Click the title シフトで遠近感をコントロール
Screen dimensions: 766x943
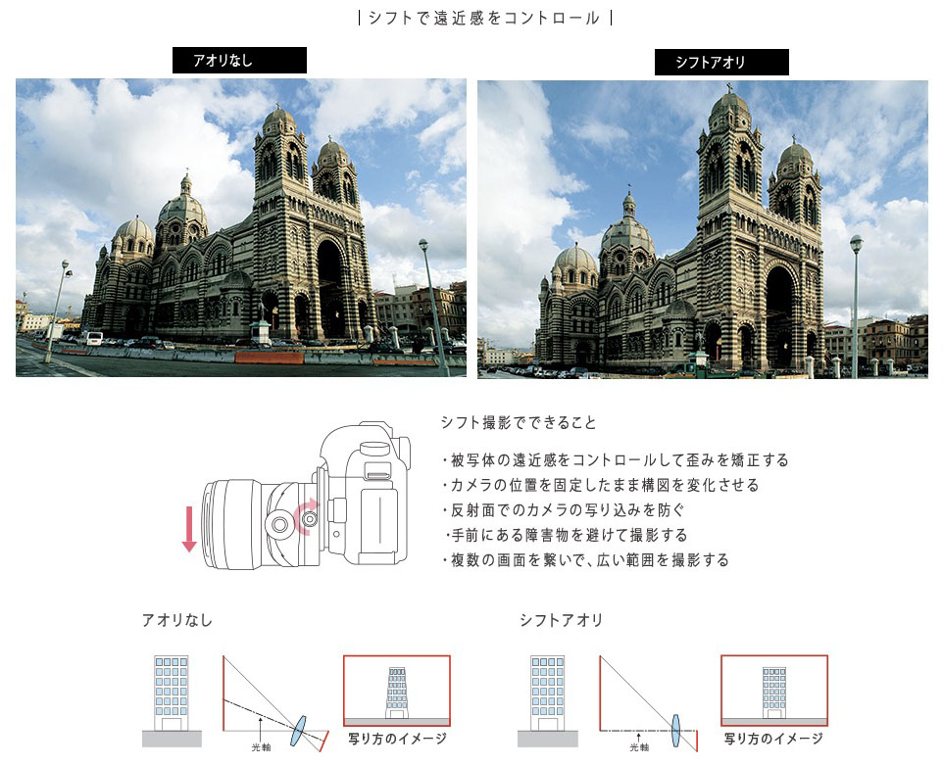[484, 18]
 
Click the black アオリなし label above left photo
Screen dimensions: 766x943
[239, 61]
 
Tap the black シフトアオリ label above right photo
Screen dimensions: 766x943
[721, 63]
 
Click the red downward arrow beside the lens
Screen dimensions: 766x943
[189, 528]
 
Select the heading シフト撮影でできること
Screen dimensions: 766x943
[519, 423]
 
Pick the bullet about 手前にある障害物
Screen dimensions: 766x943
[568, 536]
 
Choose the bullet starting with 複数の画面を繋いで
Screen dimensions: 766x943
[585, 560]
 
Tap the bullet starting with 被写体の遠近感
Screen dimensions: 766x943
[615, 459]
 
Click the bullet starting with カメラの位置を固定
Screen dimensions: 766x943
[600, 485]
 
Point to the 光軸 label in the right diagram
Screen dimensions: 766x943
[639, 746]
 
